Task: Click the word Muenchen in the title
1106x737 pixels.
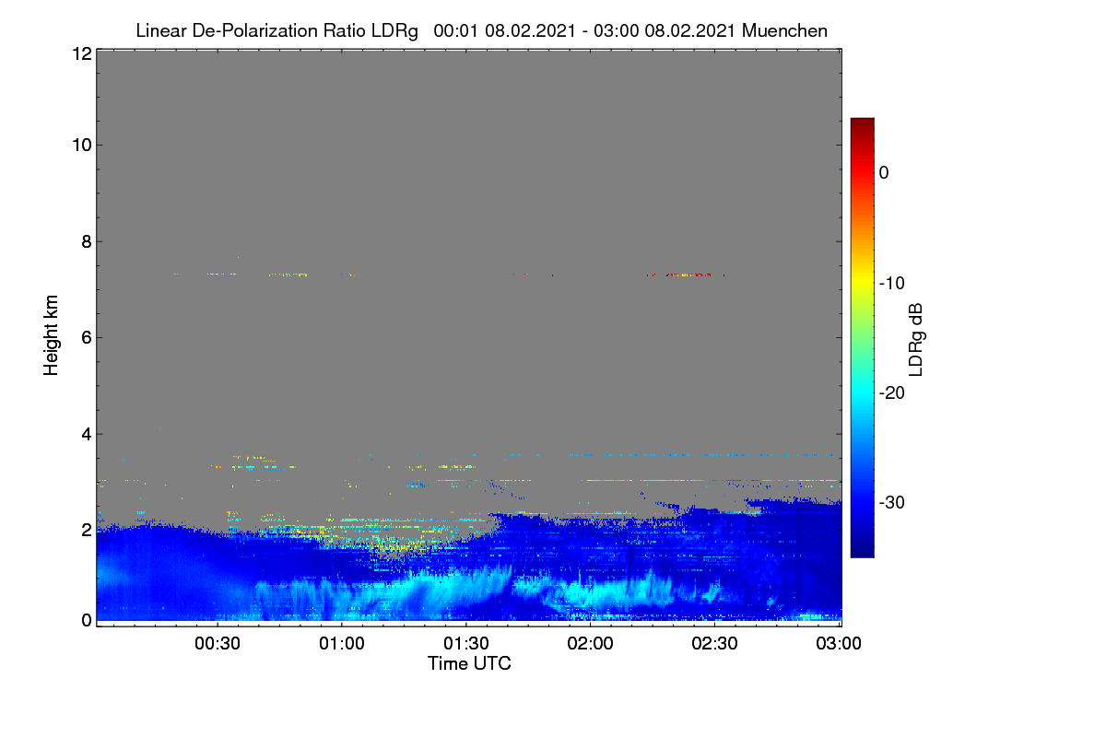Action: (784, 30)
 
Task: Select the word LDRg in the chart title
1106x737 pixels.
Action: (394, 31)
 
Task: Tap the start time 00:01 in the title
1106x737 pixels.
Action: (455, 30)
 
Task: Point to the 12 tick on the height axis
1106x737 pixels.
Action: (82, 53)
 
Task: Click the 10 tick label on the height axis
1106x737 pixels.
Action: (82, 146)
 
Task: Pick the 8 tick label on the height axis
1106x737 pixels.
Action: (87, 242)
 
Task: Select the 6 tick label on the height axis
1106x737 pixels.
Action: (87, 338)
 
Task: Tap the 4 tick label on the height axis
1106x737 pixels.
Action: (87, 435)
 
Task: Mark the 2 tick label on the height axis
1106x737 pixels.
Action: (87, 530)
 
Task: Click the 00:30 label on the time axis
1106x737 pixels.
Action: (218, 644)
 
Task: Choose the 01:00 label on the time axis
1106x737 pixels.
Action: (342, 644)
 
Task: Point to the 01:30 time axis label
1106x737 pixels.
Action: (466, 644)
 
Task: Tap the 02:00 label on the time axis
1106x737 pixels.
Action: (590, 644)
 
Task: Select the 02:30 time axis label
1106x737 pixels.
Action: (714, 644)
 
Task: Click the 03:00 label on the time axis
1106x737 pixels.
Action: (839, 644)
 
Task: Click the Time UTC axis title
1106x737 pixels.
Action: (469, 663)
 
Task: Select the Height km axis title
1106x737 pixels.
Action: (51, 335)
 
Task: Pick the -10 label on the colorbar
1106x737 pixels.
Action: (892, 284)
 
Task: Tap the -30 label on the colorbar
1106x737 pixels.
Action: (892, 502)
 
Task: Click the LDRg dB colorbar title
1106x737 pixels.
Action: (916, 340)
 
